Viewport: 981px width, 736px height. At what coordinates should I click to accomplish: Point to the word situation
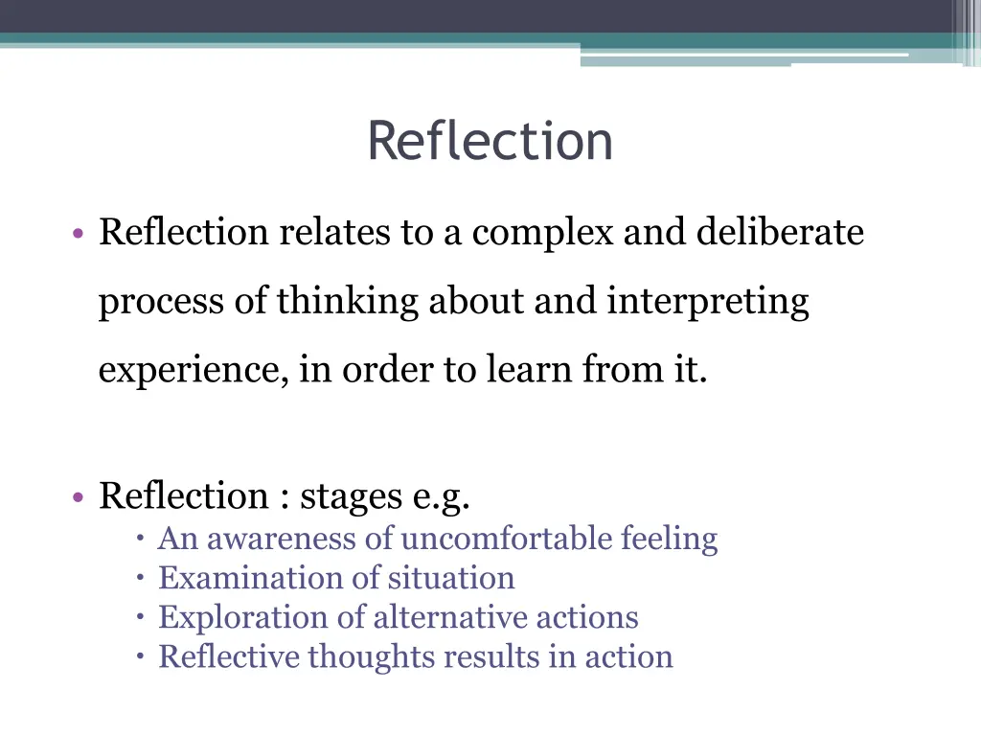pyautogui.click(x=450, y=578)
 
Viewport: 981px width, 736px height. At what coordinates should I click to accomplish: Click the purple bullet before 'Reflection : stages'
pyautogui.click(x=76, y=497)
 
